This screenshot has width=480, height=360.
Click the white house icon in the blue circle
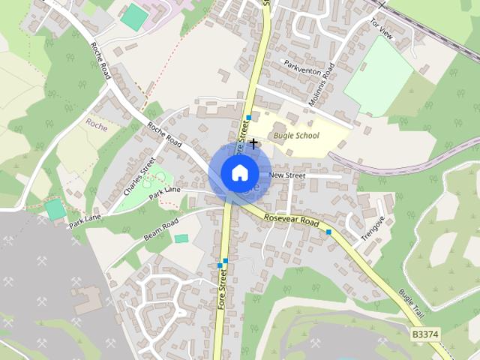(239, 172)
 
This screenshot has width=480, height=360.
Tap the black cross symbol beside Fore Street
(253, 142)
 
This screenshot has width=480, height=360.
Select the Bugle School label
(296, 136)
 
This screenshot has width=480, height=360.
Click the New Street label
(287, 175)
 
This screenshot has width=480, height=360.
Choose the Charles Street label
(139, 176)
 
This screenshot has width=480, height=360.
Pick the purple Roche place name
(97, 125)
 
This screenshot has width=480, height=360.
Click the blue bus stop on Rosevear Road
(328, 232)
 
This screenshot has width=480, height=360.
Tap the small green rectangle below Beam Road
(181, 238)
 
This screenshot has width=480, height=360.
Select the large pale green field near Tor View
(379, 75)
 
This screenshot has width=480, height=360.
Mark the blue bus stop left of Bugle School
(248, 118)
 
